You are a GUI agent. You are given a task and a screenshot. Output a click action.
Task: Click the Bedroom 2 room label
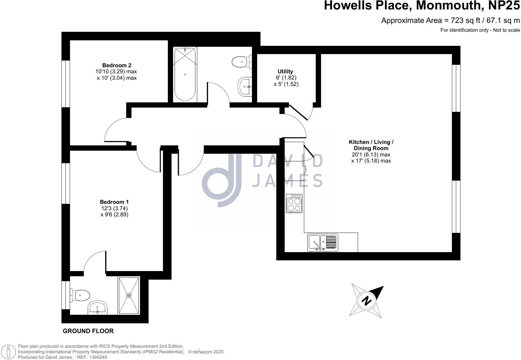tap(116, 65)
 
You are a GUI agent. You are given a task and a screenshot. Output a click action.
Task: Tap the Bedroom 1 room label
tap(114, 202)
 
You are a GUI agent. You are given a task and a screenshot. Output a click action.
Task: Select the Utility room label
tap(285, 72)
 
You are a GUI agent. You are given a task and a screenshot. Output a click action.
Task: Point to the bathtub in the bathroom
tap(185, 74)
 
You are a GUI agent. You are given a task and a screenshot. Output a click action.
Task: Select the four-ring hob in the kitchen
tap(294, 203)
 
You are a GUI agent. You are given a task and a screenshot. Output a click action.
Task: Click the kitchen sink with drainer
tap(323, 243)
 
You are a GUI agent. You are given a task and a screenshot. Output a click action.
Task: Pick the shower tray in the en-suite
tap(129, 295)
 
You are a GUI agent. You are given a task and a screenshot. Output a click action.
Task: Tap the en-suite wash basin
tap(98, 307)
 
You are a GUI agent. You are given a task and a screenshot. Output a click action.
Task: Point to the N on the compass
tap(366, 301)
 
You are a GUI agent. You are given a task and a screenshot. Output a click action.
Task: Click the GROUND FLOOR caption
tap(88, 331)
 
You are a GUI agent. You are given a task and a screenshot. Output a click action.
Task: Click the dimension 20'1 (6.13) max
tap(371, 155)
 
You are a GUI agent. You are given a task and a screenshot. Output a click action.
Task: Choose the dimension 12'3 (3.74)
tap(114, 208)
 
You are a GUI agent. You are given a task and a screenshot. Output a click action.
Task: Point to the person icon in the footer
tap(9, 352)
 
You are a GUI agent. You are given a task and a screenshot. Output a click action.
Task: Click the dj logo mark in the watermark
tap(222, 180)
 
